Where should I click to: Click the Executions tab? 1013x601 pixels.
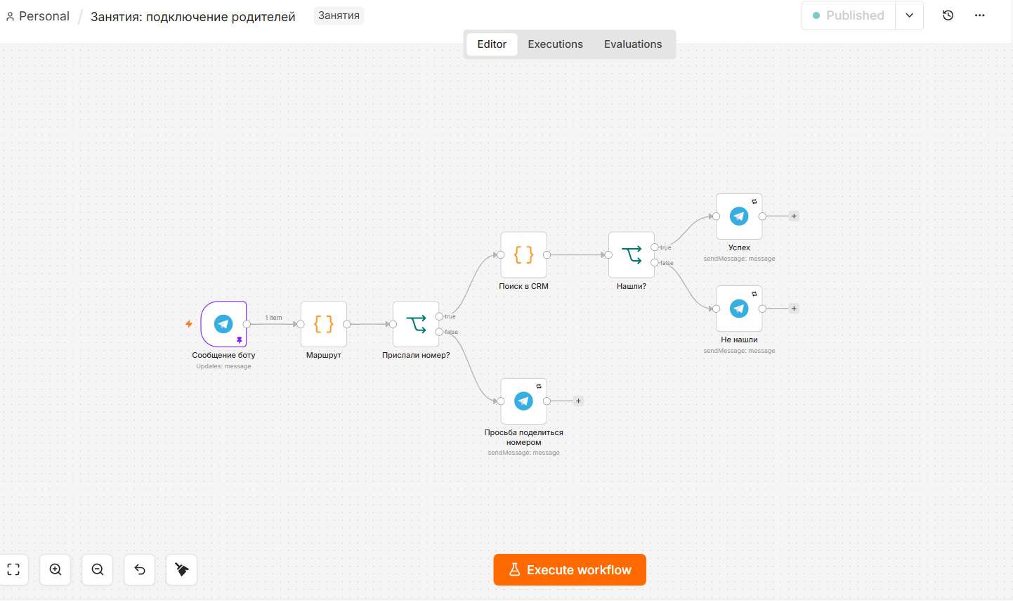click(x=555, y=44)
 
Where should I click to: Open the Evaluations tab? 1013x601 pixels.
click(x=633, y=44)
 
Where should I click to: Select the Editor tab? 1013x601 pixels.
click(x=492, y=44)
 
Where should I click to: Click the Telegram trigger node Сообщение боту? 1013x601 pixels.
click(x=223, y=324)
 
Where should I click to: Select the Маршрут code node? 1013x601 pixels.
click(x=324, y=324)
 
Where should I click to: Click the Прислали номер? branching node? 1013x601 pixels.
click(x=416, y=324)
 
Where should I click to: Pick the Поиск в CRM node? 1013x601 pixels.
click(x=523, y=254)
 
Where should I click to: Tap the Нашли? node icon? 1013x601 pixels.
click(x=632, y=254)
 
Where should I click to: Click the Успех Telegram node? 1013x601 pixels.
click(x=739, y=217)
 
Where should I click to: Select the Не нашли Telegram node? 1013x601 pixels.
click(x=739, y=309)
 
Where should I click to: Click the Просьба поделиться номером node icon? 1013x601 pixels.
click(x=523, y=401)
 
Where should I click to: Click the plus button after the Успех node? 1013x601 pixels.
click(x=794, y=217)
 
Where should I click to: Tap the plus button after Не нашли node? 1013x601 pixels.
click(x=794, y=309)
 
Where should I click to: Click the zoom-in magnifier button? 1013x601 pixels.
click(x=55, y=569)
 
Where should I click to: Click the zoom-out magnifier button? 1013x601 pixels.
click(x=97, y=569)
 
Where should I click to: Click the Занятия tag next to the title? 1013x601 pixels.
click(x=339, y=16)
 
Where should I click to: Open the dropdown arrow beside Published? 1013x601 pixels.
click(x=910, y=15)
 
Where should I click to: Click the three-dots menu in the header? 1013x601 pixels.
click(x=979, y=15)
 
